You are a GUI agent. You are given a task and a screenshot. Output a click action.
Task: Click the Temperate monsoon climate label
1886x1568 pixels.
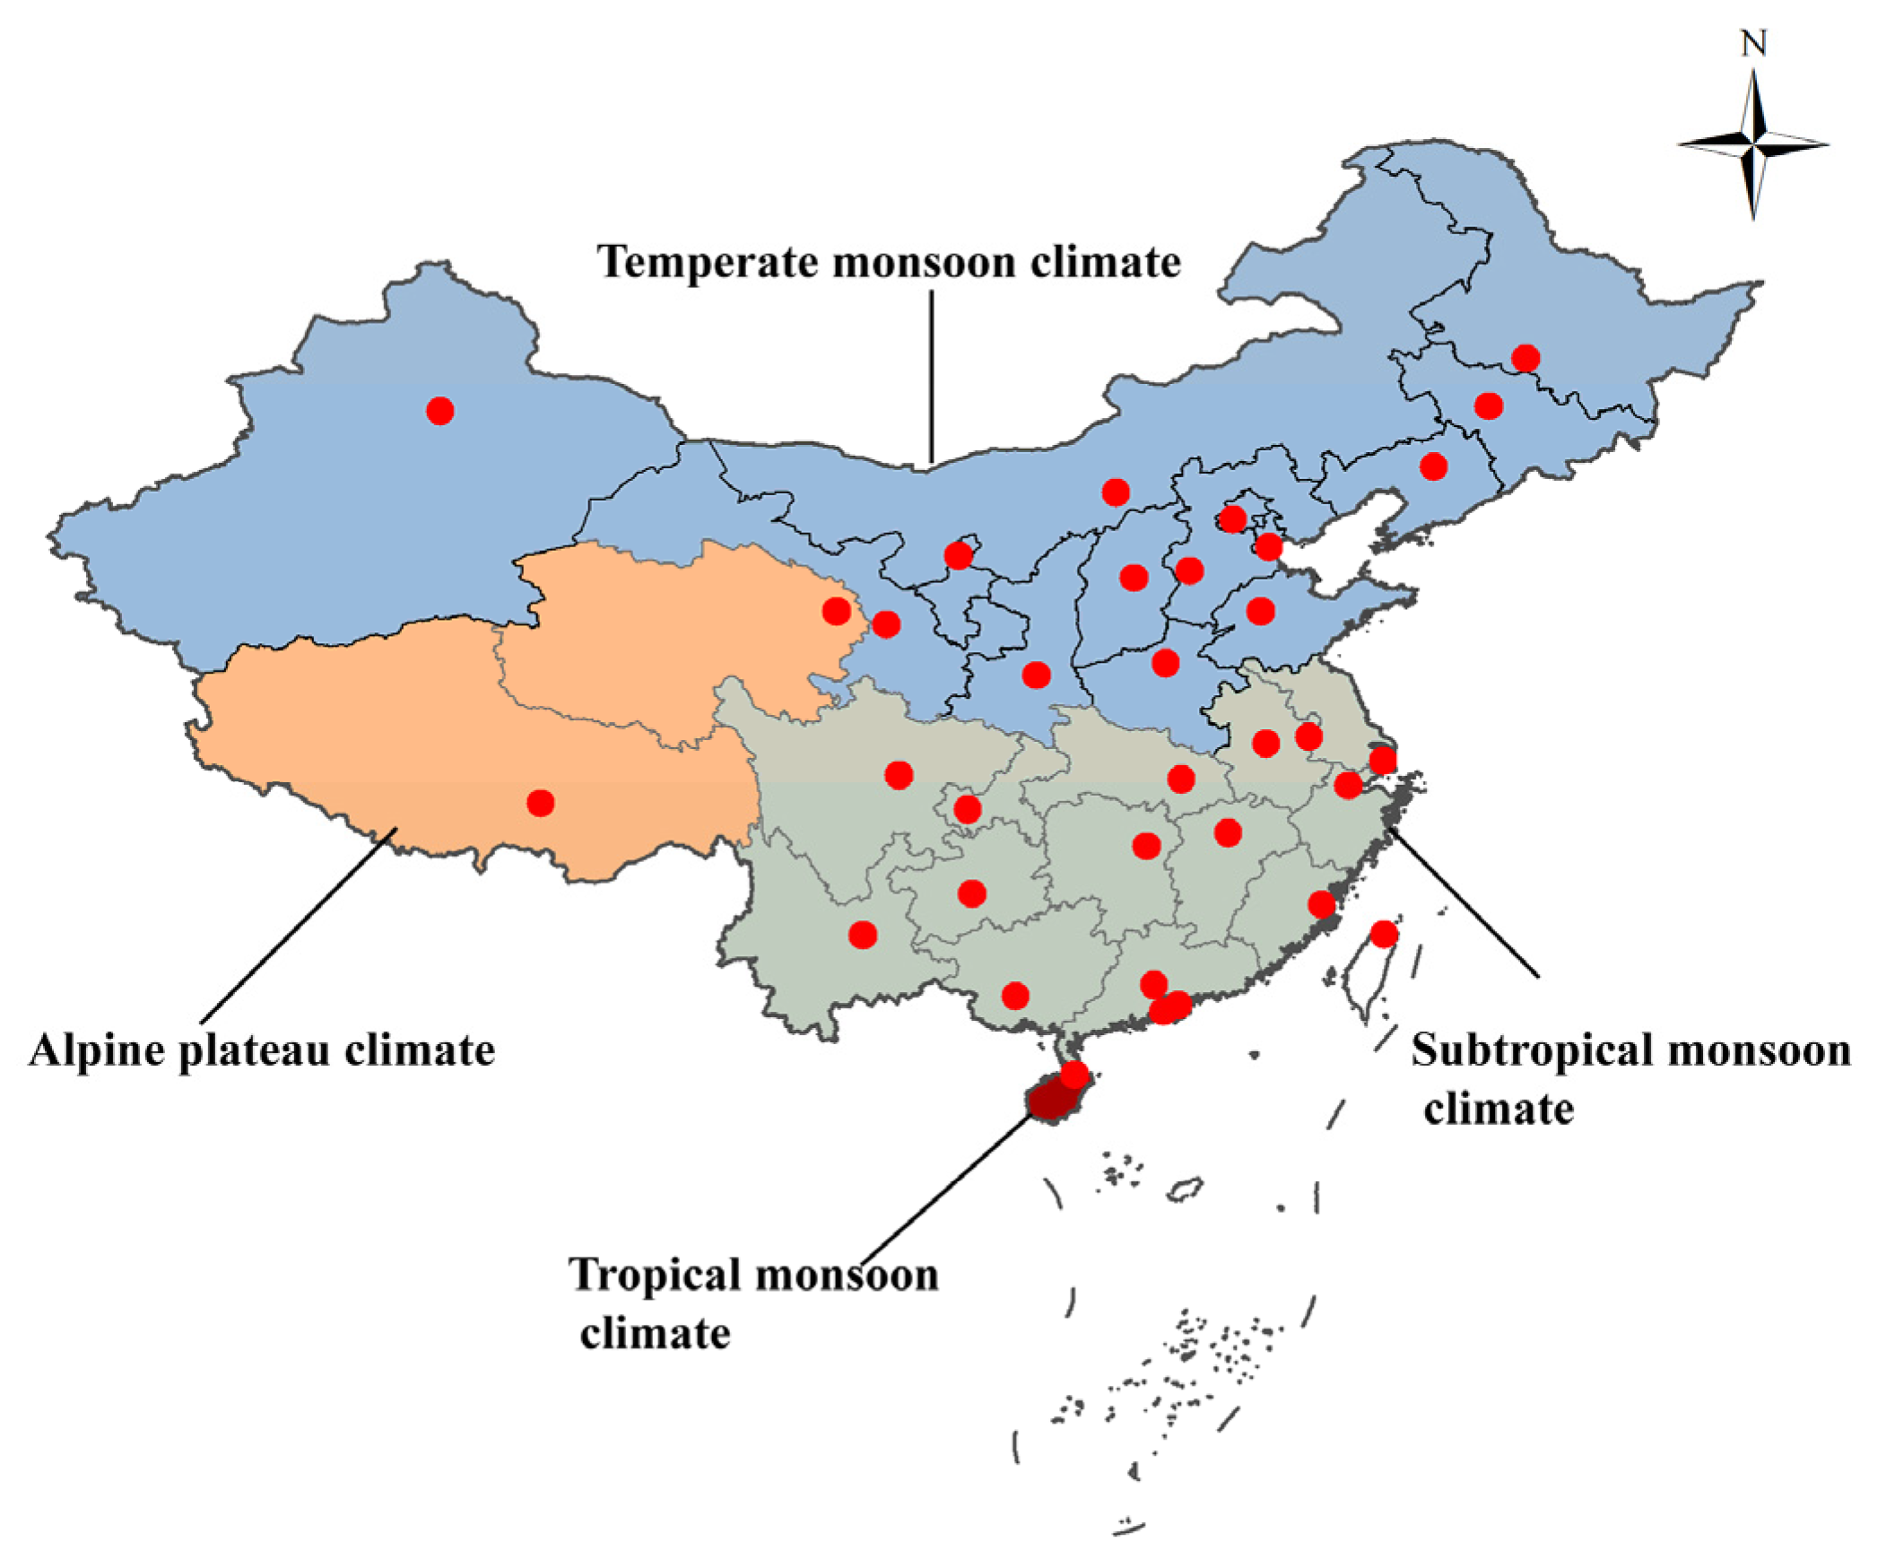pos(889,262)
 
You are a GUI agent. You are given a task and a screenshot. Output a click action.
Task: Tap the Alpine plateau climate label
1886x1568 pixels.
pos(261,1050)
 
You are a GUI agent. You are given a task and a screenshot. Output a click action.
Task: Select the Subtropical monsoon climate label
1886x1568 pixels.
pos(1630,1077)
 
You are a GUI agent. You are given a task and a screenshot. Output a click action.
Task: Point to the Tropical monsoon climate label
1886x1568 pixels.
pos(752,1302)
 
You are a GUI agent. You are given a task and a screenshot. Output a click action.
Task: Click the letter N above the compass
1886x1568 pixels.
pos(1753,43)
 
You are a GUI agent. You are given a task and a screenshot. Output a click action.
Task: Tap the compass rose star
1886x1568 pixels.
pos(1753,144)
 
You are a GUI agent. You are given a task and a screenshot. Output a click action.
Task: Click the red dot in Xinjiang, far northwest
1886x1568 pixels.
pos(440,411)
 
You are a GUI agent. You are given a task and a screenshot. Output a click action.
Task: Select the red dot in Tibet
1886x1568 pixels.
pos(540,802)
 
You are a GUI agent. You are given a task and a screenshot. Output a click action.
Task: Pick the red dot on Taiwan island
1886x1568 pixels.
pos(1384,934)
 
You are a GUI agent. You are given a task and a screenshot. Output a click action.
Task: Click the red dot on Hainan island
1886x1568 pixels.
pos(1074,1074)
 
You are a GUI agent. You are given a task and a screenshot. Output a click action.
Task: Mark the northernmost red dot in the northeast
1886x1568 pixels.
pos(1525,358)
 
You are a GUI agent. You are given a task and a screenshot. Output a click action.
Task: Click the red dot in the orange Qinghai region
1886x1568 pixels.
pos(836,612)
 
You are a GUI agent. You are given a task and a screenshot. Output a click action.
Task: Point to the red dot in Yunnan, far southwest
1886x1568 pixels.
pos(862,935)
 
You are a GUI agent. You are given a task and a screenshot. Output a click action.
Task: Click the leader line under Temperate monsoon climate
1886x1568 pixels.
pos(931,377)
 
